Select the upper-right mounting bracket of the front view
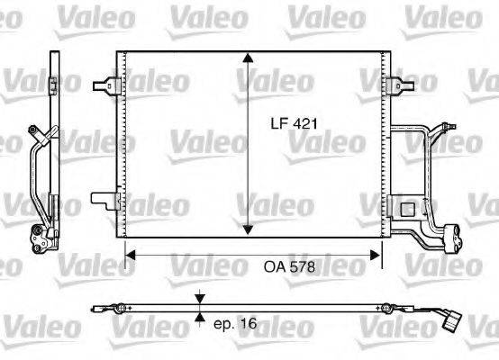pos(394,85)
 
